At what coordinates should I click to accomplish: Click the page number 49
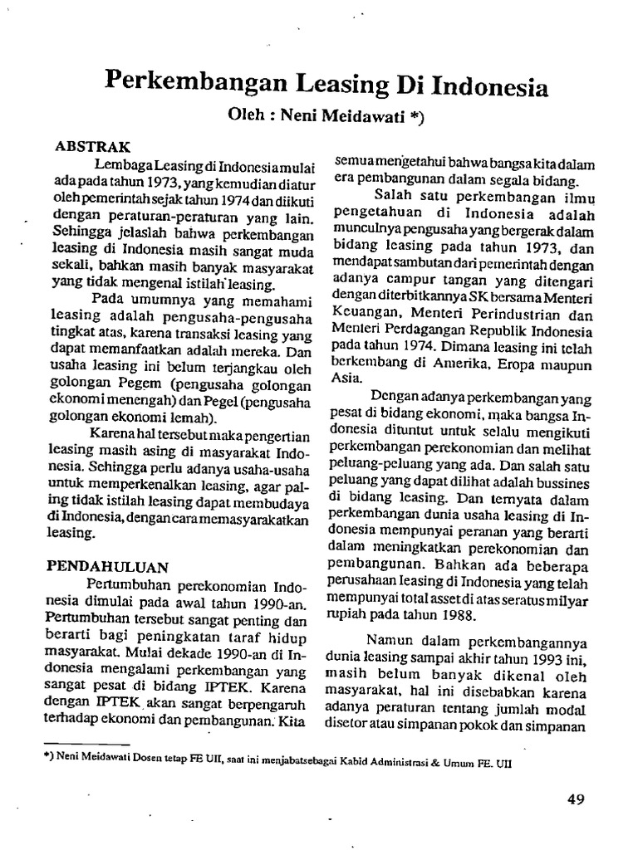pos(576,799)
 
